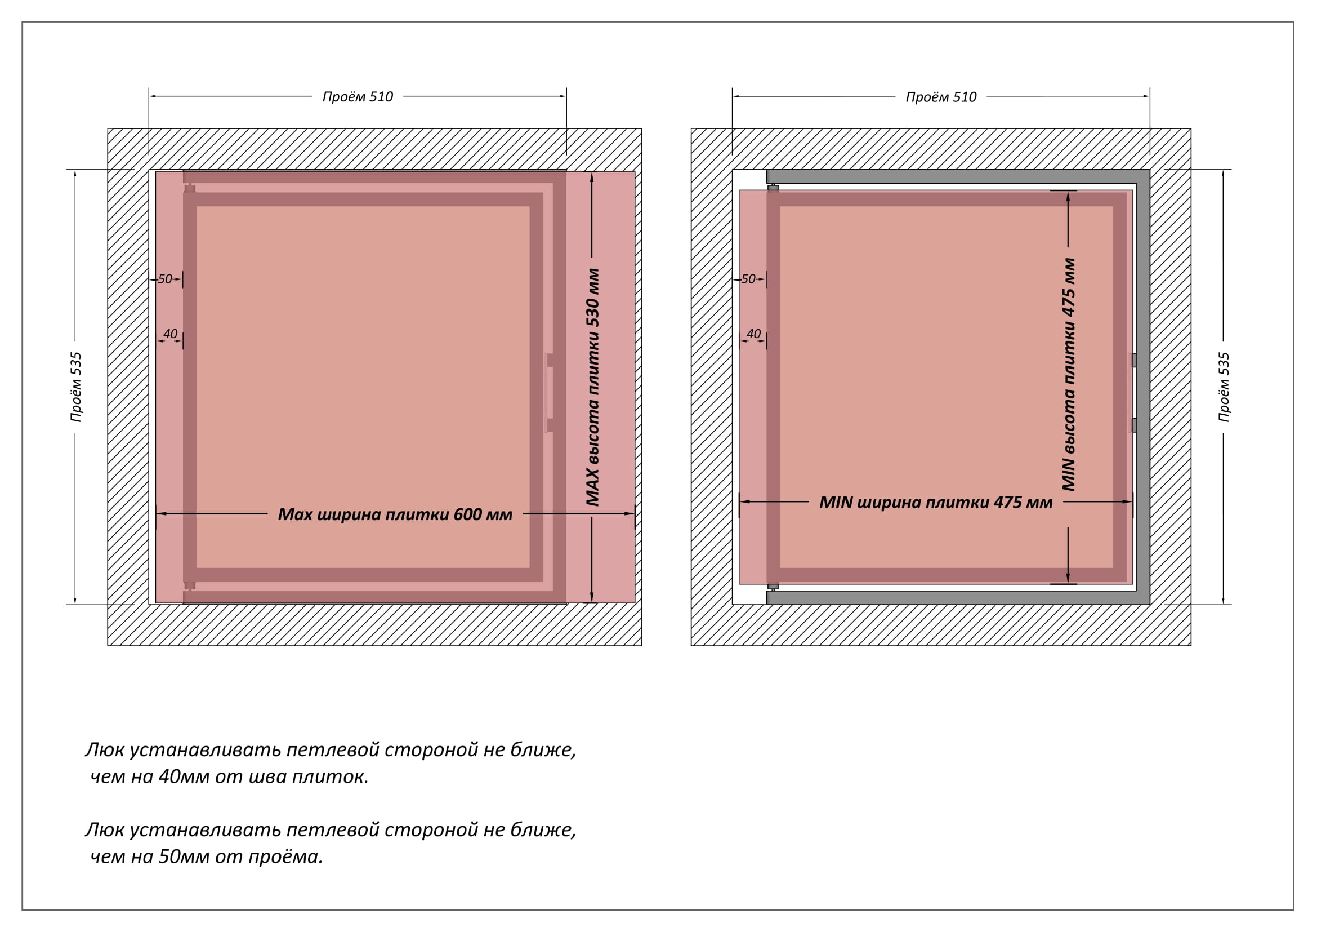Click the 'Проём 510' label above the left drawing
(x=358, y=96)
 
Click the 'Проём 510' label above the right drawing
(x=941, y=97)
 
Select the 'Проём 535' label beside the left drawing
(x=76, y=387)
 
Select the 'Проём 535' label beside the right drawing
(x=1224, y=387)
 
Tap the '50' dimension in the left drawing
(x=165, y=279)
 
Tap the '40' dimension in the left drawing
(x=171, y=334)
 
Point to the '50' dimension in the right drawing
(x=748, y=279)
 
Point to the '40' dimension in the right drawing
(x=754, y=334)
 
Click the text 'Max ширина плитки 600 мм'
(x=395, y=514)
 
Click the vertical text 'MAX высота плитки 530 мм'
(x=592, y=387)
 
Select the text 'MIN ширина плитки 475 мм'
(x=936, y=502)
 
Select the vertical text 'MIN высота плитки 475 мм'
(x=1069, y=375)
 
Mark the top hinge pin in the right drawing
(x=773, y=187)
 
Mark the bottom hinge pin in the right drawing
(x=773, y=587)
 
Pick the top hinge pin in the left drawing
(x=190, y=188)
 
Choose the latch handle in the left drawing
(x=550, y=393)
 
